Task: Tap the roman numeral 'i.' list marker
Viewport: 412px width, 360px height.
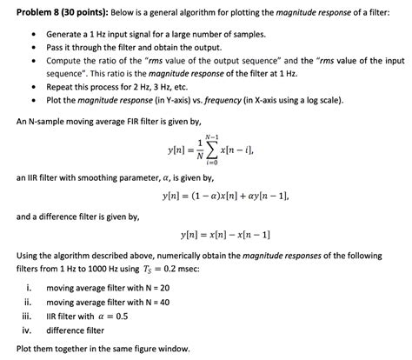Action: (x=30, y=287)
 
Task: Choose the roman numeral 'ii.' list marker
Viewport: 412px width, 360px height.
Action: (x=30, y=302)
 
